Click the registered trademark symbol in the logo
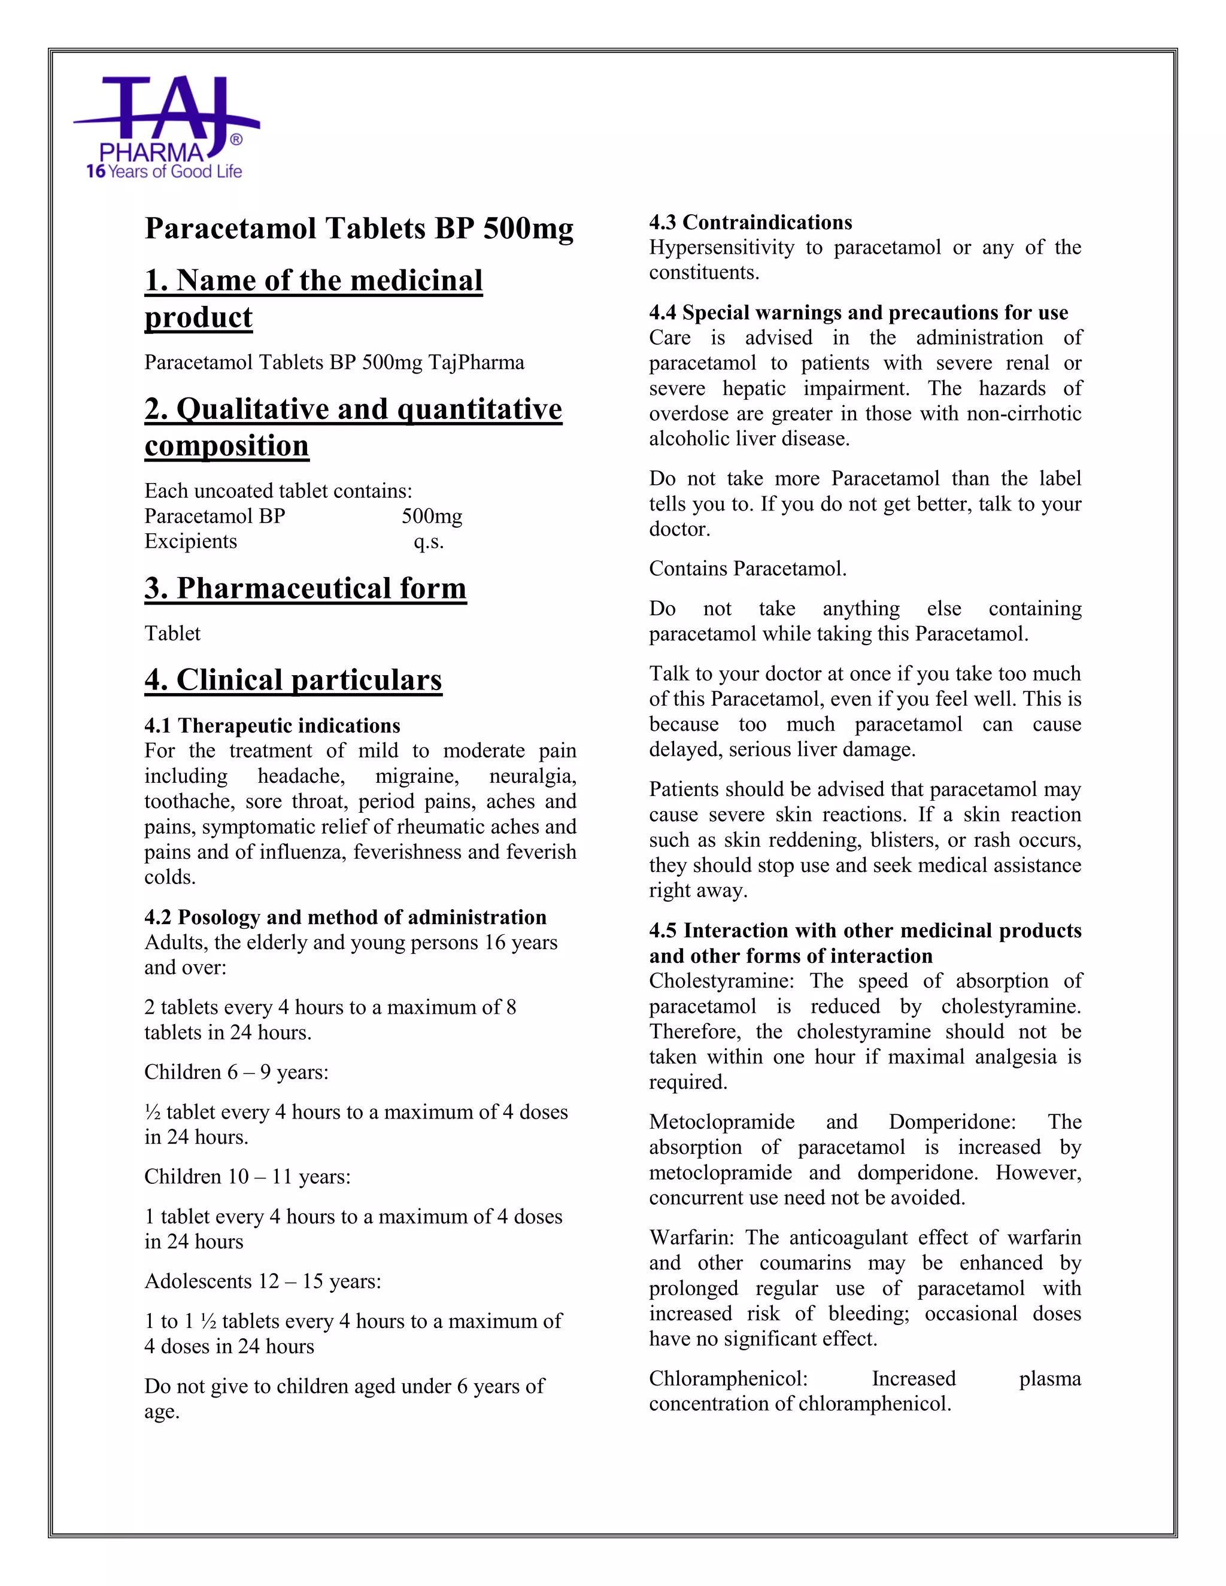(x=236, y=139)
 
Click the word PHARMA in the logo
(x=152, y=153)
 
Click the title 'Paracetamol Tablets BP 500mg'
(x=359, y=228)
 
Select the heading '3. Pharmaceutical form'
(x=305, y=588)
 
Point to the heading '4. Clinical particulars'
(x=293, y=680)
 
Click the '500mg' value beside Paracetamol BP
(x=432, y=516)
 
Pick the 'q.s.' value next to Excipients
(x=429, y=542)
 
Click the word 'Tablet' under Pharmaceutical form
(x=172, y=633)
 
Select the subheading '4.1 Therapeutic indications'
(x=272, y=725)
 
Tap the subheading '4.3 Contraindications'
(x=750, y=222)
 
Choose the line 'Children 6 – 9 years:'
(x=236, y=1072)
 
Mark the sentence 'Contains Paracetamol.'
(x=747, y=569)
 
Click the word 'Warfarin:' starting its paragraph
(x=692, y=1238)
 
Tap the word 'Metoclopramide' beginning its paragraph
(x=721, y=1122)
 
